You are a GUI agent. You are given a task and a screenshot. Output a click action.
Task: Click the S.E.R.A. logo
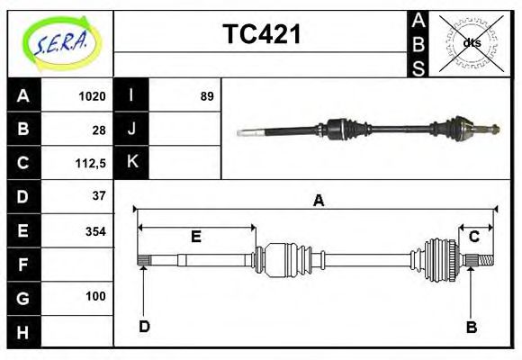click(x=59, y=42)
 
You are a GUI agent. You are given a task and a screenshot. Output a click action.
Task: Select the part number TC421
click(x=261, y=35)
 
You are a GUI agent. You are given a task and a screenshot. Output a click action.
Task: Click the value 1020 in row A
click(x=93, y=96)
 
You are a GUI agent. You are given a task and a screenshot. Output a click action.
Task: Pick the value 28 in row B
click(x=99, y=130)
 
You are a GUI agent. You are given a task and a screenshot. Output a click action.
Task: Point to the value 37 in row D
click(x=99, y=196)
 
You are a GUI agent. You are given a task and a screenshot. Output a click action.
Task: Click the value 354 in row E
click(x=94, y=231)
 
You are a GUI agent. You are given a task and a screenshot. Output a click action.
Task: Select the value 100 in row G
click(x=95, y=296)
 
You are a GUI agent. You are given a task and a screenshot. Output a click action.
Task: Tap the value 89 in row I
click(x=207, y=96)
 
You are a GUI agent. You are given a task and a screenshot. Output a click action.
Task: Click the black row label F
click(x=23, y=265)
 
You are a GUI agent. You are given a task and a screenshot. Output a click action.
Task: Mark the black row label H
click(x=23, y=331)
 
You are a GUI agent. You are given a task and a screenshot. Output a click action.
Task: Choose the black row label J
click(x=131, y=130)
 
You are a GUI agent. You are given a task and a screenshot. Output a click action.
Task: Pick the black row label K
click(x=131, y=163)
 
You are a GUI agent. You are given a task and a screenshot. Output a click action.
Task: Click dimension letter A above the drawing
click(x=318, y=201)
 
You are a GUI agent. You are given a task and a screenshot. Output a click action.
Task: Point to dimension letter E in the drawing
click(x=195, y=238)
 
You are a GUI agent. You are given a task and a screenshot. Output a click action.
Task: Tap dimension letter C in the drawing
click(x=473, y=237)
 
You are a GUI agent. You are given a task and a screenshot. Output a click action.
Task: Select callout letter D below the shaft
click(x=144, y=327)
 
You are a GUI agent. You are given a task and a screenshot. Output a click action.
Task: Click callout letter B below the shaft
click(x=471, y=328)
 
